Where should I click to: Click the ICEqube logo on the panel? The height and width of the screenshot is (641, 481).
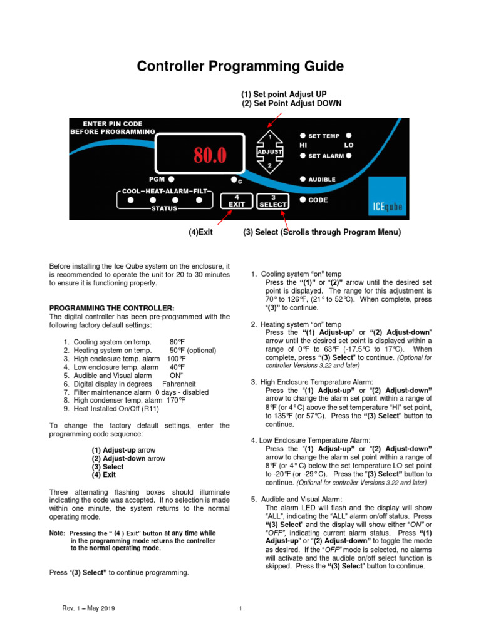380,204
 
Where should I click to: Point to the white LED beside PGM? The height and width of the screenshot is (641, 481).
170,178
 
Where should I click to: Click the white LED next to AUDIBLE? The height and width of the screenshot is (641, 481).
303,179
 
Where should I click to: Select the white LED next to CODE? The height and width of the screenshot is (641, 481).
303,200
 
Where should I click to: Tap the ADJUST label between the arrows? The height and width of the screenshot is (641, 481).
270,152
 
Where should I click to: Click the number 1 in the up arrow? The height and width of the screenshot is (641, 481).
270,136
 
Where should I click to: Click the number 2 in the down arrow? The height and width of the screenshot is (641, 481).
270,167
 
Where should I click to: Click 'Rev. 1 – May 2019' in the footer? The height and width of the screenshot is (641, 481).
88,608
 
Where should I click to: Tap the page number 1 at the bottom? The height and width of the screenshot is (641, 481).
240,608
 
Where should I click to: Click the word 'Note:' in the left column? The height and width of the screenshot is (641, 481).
57,533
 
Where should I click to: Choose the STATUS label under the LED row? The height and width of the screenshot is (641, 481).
164,208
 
